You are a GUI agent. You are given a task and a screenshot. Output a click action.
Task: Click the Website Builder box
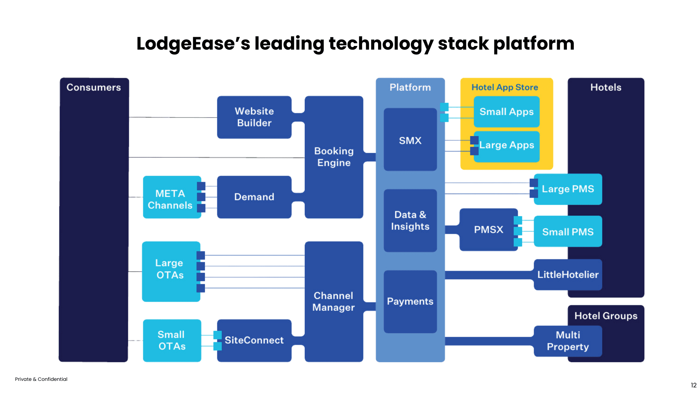pyautogui.click(x=254, y=117)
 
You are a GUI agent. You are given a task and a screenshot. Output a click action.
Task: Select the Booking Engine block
pyautogui.click(x=334, y=157)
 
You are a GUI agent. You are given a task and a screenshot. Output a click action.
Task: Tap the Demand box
pyautogui.click(x=254, y=197)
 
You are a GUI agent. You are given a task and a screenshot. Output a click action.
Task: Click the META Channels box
pyautogui.click(x=170, y=199)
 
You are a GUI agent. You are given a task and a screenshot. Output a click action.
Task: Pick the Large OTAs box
pyautogui.click(x=170, y=269)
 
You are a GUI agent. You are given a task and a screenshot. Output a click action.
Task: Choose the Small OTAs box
pyautogui.click(x=171, y=340)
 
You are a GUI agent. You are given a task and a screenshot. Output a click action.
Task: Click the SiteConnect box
pyautogui.click(x=254, y=340)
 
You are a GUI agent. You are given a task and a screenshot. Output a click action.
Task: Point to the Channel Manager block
pyautogui.click(x=334, y=301)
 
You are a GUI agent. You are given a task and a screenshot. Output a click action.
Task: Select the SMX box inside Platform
pyautogui.click(x=410, y=140)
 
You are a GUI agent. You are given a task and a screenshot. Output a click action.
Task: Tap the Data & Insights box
pyautogui.click(x=410, y=220)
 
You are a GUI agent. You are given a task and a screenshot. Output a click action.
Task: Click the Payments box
pyautogui.click(x=410, y=301)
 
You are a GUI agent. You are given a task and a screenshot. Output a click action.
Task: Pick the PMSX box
pyautogui.click(x=488, y=229)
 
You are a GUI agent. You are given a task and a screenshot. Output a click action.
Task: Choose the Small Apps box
pyautogui.click(x=506, y=112)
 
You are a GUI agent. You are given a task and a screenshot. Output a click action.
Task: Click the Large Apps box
pyautogui.click(x=506, y=145)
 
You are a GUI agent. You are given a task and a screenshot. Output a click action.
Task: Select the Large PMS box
pyautogui.click(x=568, y=189)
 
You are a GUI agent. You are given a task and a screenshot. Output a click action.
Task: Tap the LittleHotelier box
pyautogui.click(x=568, y=275)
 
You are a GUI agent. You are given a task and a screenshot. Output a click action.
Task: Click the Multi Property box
pyautogui.click(x=568, y=341)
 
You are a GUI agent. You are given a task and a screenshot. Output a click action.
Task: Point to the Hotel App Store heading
pyautogui.click(x=505, y=87)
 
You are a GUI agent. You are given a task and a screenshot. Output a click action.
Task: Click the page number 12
pyautogui.click(x=693, y=385)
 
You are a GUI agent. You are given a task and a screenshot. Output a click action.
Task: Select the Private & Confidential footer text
pyautogui.click(x=41, y=379)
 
